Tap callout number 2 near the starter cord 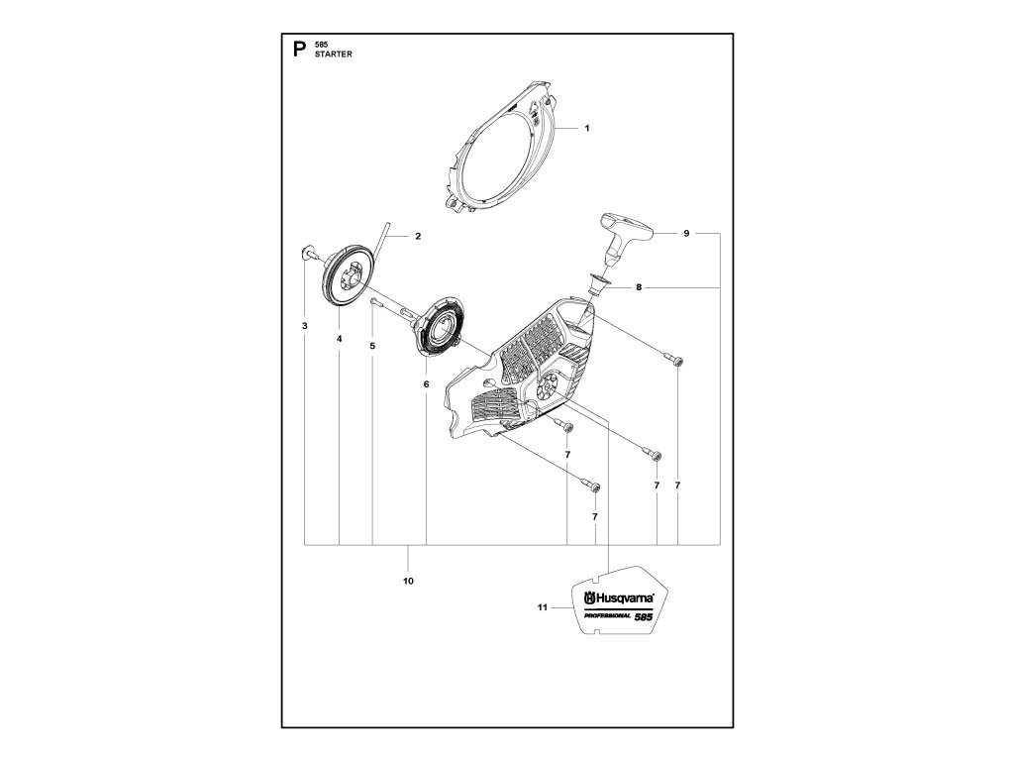tap(418, 236)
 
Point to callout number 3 tap(305, 325)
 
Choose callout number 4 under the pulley tap(339, 338)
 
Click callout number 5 tap(372, 345)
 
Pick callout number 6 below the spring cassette tap(427, 382)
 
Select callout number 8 tap(639, 287)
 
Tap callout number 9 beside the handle tap(685, 233)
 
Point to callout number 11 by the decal tap(542, 609)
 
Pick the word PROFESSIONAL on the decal tap(601, 618)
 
